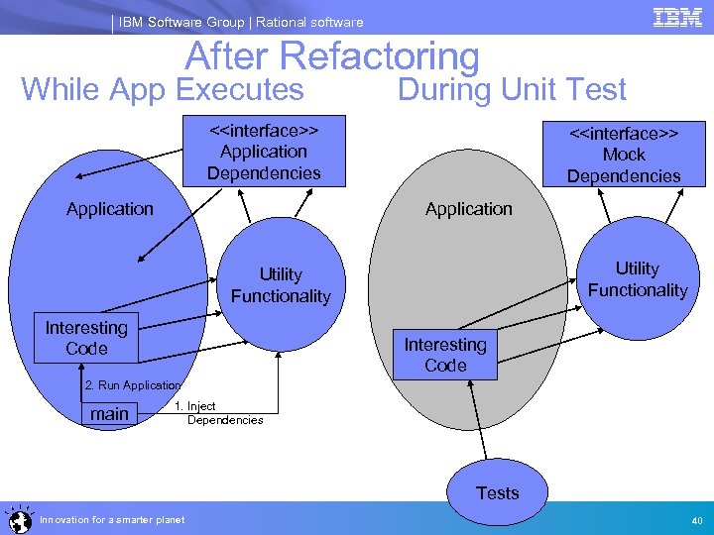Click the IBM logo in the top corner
pos(677,17)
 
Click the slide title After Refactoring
pos(332,56)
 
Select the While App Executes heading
pos(163,90)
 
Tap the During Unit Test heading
pos(512,90)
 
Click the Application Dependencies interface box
pos(264,152)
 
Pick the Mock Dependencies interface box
pos(624,155)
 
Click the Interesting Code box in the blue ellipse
pos(86,338)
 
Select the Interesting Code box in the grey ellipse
pos(445,355)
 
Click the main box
pos(109,414)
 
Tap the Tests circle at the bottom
pos(497,492)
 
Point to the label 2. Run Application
pos(132,384)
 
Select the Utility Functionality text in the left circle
pos(281,285)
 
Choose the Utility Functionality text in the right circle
pos(637,279)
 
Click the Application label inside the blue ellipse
pos(110,209)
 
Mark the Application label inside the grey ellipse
pos(469,209)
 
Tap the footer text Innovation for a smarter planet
pos(112,519)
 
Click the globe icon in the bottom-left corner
pos(17,518)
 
